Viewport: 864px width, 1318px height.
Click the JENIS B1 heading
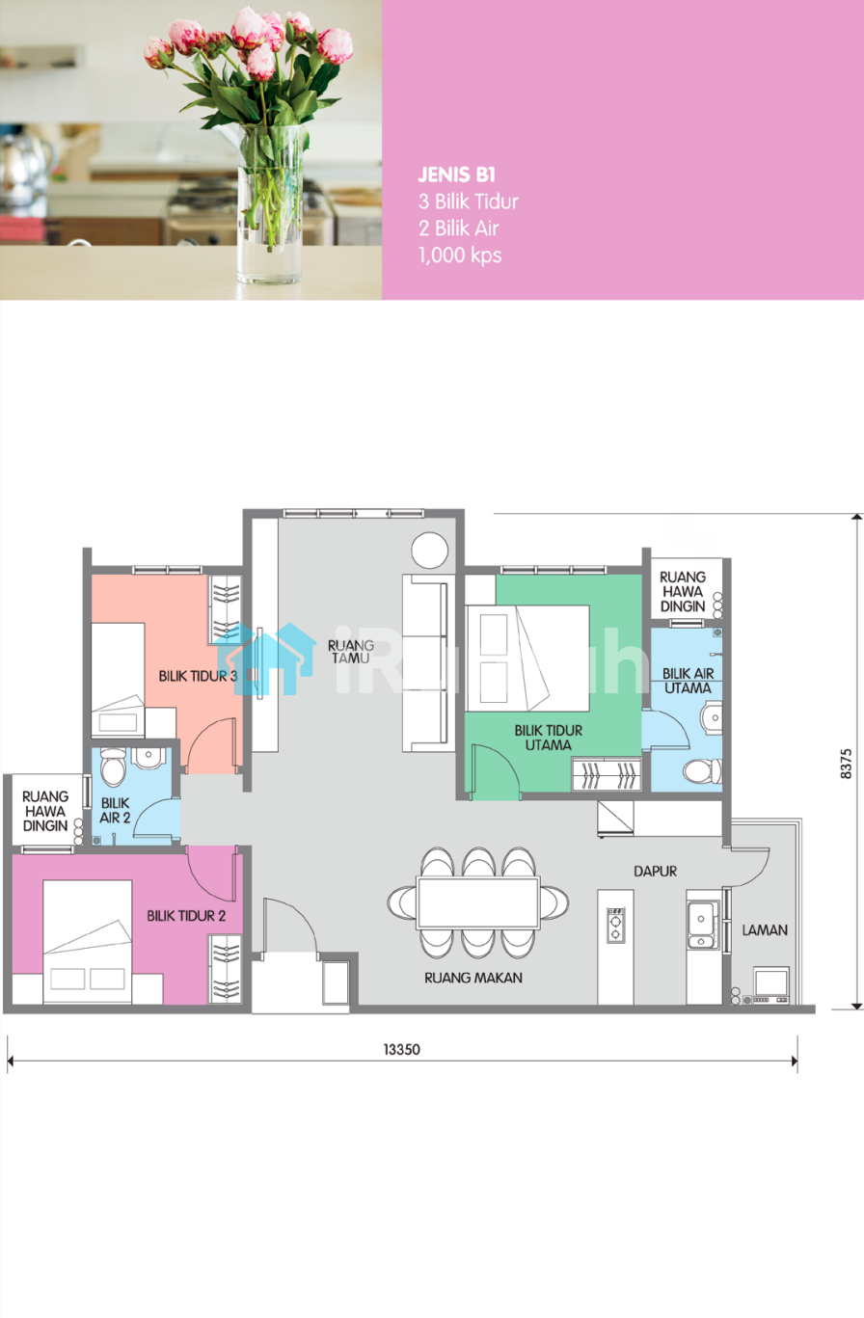point(457,175)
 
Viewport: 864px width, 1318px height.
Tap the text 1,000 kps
point(460,256)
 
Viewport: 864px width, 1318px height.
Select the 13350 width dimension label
point(402,1049)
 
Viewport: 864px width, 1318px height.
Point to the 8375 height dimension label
point(846,764)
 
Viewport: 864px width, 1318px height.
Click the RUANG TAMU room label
point(351,652)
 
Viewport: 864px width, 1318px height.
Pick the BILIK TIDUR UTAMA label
point(549,738)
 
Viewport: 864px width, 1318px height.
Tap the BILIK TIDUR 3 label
point(198,676)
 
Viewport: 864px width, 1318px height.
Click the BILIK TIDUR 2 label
point(186,916)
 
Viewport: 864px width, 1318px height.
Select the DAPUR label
point(655,871)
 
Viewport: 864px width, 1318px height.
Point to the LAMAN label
point(765,929)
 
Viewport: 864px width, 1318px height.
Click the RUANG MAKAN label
point(473,978)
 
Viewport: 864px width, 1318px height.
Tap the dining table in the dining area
point(478,902)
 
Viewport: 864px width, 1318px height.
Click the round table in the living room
point(430,551)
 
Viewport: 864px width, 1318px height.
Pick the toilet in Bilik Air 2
point(113,767)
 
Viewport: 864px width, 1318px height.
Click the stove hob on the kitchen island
point(615,925)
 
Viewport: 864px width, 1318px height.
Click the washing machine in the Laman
point(771,984)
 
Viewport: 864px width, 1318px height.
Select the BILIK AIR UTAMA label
point(688,681)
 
